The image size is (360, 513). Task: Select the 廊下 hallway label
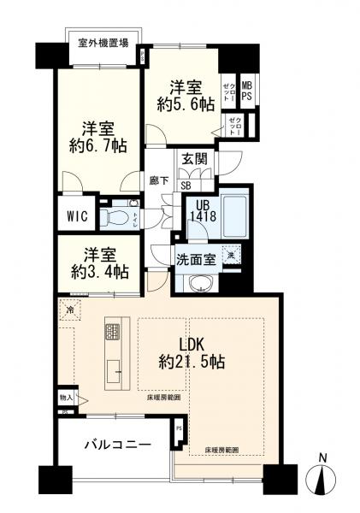click(x=158, y=180)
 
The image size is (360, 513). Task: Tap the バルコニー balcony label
click(x=118, y=445)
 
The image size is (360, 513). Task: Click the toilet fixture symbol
click(x=116, y=216)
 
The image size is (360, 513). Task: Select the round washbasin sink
click(x=203, y=284)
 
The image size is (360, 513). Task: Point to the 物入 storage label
click(x=66, y=398)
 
